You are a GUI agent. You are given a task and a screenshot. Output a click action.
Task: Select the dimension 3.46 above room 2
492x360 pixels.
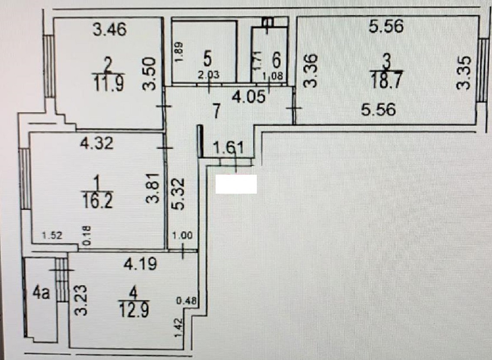coord(110,30)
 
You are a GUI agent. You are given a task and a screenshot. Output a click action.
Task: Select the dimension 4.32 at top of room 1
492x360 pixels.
coord(96,143)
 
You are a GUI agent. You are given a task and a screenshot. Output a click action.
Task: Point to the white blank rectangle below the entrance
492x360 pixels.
coord(236,184)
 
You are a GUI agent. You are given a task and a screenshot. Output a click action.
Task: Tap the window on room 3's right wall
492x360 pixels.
coord(482,69)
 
